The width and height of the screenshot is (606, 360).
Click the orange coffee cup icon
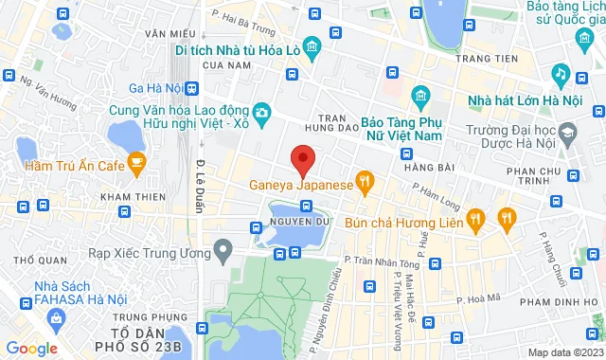click(x=136, y=164)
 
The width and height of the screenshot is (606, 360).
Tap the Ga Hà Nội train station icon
click(x=193, y=88)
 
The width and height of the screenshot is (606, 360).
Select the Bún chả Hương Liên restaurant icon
click(x=478, y=219)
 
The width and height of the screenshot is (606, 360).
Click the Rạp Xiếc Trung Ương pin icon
click(x=223, y=251)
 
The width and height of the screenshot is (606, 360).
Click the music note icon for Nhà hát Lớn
click(x=560, y=73)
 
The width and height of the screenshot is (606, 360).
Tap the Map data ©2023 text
click(x=564, y=352)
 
